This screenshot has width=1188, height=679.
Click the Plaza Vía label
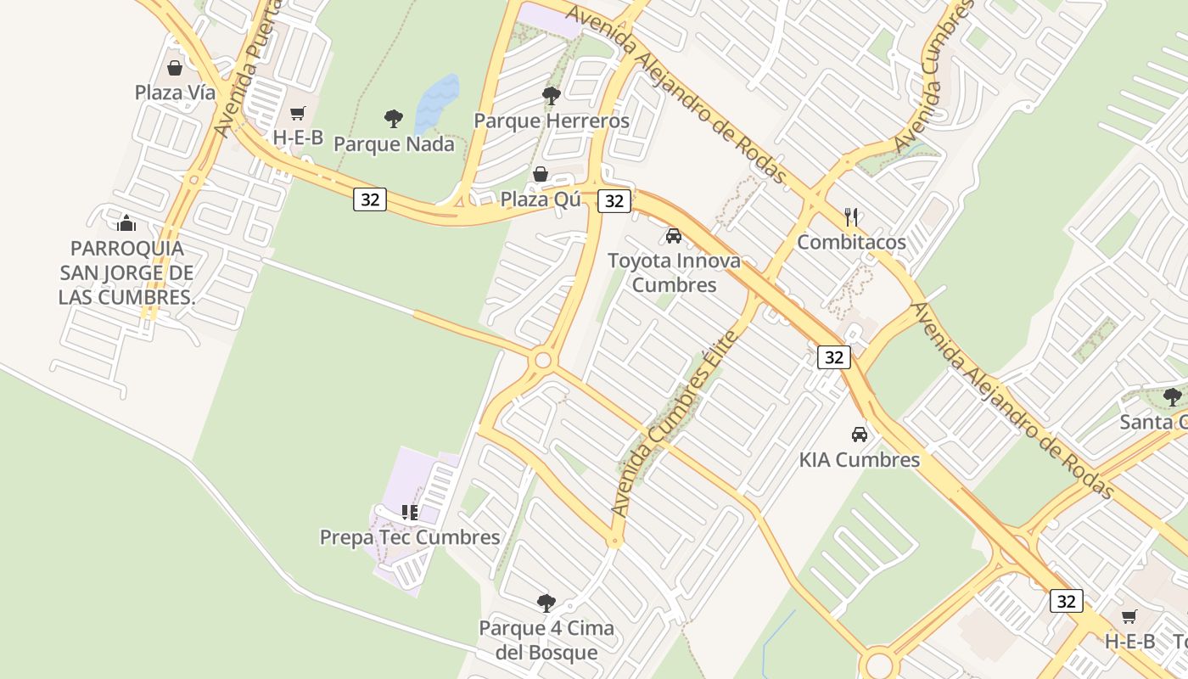[175, 93]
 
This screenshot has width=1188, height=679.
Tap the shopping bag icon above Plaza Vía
[175, 68]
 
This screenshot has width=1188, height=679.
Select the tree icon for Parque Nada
[393, 118]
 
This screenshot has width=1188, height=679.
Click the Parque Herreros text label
[552, 121]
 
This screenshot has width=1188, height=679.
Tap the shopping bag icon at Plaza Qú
[541, 174]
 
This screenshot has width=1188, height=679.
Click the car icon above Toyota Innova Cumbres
[674, 235]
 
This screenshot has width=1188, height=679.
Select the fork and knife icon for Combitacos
[852, 217]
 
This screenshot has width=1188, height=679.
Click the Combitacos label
[851, 242]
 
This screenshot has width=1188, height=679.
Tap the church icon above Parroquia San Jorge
[126, 223]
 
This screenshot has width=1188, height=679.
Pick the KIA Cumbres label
[859, 459]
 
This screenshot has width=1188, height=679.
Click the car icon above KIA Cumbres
[860, 435]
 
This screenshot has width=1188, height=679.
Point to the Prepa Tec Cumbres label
[410, 537]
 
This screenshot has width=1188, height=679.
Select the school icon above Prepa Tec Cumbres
[410, 512]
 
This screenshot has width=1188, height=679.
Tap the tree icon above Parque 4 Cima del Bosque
[546, 603]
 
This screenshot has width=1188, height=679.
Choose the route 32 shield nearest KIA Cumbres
[833, 357]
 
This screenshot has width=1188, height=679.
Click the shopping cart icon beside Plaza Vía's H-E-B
[298, 113]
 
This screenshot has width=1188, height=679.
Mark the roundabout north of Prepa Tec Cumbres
[543, 362]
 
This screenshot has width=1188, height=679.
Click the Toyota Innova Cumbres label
[674, 272]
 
